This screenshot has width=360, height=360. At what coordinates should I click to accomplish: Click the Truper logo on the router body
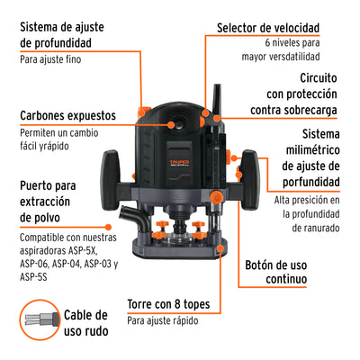pyautogui.click(x=179, y=163)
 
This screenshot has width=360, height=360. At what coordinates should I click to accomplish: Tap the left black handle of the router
pyautogui.click(x=110, y=180)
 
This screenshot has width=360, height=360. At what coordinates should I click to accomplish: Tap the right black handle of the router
pyautogui.click(x=249, y=180)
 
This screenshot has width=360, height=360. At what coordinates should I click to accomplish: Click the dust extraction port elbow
pyautogui.click(x=136, y=218)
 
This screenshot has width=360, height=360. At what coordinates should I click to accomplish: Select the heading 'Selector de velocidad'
pyautogui.click(x=268, y=28)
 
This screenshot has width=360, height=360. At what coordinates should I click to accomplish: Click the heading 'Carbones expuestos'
pyautogui.click(x=67, y=116)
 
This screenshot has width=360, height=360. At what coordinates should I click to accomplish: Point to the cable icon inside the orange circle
pyautogui.click(x=40, y=319)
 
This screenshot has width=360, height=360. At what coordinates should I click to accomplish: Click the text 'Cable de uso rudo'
pyautogui.click(x=85, y=323)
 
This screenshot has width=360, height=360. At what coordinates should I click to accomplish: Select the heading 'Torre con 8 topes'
pyautogui.click(x=168, y=304)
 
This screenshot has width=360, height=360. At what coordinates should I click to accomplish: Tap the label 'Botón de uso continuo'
pyautogui.click(x=276, y=272)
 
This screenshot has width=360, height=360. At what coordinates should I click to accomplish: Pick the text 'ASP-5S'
pyautogui.click(x=33, y=276)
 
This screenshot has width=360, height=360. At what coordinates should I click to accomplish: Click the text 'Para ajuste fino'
pyautogui.click(x=50, y=59)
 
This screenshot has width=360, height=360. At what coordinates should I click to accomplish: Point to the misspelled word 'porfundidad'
pyautogui.click(x=311, y=182)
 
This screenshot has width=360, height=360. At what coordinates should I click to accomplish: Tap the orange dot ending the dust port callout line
pyautogui.click(x=108, y=228)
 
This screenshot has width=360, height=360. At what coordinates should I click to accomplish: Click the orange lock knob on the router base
pyautogui.click(x=216, y=197)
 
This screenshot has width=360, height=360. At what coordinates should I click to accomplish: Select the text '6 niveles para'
pyautogui.click(x=292, y=42)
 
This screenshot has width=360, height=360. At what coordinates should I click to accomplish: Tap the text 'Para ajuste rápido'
pyautogui.click(x=163, y=320)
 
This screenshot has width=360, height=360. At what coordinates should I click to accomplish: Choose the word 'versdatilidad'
pyautogui.click(x=290, y=57)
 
